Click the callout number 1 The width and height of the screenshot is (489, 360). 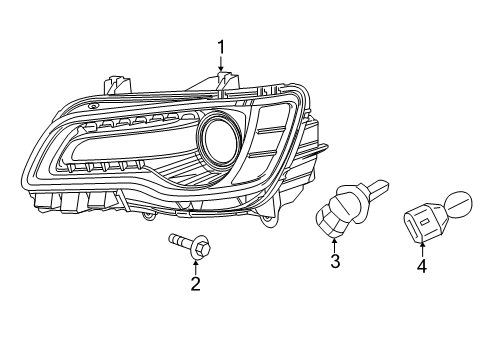[221, 45]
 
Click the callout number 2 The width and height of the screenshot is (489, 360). [195, 284]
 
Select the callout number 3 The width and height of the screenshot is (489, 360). [335, 263]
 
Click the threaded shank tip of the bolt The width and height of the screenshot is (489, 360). [168, 239]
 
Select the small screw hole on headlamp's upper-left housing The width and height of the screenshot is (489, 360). [93, 105]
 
